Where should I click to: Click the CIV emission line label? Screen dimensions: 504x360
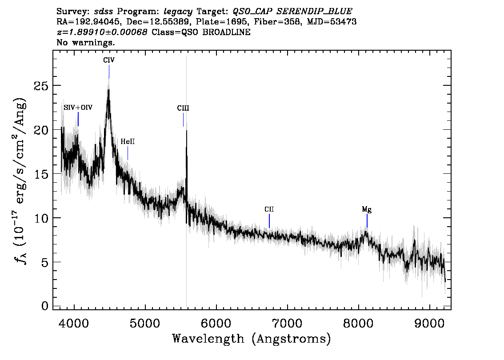(x=109, y=60)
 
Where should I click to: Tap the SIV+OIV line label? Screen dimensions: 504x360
(x=78, y=108)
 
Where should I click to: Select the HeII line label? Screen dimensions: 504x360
(x=128, y=141)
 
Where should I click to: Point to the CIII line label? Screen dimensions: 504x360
(x=183, y=108)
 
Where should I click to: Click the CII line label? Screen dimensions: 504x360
(x=269, y=209)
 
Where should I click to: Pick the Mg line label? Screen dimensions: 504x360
(x=367, y=210)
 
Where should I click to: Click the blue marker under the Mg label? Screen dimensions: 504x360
(x=367, y=220)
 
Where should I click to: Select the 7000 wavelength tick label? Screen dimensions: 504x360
(x=288, y=323)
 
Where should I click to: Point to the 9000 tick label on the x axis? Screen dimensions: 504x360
(x=429, y=323)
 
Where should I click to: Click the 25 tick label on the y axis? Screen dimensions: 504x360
(x=41, y=86)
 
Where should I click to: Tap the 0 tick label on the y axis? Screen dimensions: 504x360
(x=45, y=306)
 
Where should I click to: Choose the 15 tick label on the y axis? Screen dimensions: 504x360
(x=41, y=174)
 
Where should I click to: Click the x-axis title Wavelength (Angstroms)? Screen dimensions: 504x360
(x=252, y=339)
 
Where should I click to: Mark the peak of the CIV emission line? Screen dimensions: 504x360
(x=109, y=90)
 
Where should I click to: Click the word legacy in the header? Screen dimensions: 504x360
(x=178, y=12)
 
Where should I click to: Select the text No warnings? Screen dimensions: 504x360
(x=85, y=42)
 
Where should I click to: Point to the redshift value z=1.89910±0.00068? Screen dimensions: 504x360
(x=102, y=32)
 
